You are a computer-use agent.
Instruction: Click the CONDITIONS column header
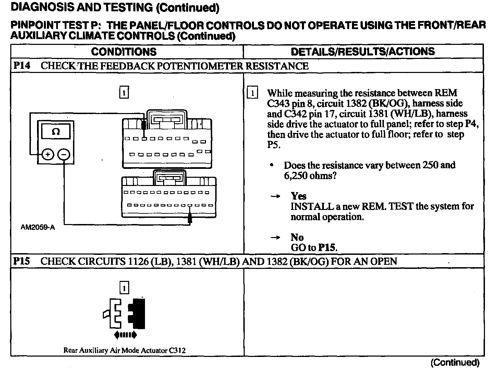click(124, 52)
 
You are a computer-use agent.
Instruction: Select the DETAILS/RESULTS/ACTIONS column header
click(363, 52)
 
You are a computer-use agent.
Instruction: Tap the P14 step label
click(22, 66)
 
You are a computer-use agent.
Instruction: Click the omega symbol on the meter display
click(56, 132)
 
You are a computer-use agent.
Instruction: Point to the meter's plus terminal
click(48, 155)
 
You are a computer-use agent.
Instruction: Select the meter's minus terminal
click(64, 155)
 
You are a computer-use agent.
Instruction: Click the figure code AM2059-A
click(37, 227)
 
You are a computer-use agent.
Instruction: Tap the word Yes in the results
click(299, 196)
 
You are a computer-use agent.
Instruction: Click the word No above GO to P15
click(297, 237)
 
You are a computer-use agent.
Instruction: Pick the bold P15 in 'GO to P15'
click(327, 247)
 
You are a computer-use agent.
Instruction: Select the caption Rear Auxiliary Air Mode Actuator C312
click(125, 350)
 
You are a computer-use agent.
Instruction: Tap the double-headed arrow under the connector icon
click(125, 335)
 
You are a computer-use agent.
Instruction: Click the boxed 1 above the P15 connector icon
click(124, 288)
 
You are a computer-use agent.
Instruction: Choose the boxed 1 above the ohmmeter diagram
click(124, 92)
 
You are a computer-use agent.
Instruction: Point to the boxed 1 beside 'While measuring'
click(252, 93)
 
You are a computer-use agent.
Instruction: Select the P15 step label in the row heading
click(22, 261)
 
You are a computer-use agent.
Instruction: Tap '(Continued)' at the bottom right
click(455, 362)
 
